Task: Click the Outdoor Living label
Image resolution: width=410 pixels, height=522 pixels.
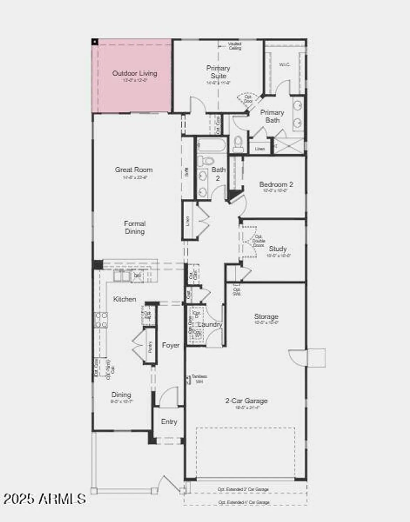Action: point(135,73)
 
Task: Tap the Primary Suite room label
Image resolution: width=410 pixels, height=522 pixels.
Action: point(218,72)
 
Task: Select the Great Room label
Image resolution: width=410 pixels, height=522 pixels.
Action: point(134,170)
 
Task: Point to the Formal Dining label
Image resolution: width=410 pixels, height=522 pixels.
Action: point(135,228)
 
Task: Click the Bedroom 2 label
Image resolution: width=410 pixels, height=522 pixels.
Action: point(276,184)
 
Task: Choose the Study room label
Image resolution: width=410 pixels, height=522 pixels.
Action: point(278,249)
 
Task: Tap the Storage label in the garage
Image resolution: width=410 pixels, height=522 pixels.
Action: point(266,317)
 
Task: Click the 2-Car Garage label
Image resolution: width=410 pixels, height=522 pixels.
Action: point(246,401)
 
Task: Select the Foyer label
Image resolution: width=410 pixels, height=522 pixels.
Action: point(171,345)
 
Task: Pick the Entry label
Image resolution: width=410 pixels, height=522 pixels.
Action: point(169,422)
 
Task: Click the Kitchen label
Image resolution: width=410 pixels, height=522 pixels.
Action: point(124,299)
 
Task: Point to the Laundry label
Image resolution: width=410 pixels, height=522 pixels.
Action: point(210,324)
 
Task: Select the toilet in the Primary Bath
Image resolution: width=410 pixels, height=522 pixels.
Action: point(238,143)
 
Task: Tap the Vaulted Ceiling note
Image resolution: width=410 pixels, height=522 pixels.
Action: point(235,46)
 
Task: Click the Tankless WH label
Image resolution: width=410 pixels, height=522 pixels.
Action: point(199,379)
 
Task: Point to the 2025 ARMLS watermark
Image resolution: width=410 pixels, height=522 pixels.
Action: point(45,499)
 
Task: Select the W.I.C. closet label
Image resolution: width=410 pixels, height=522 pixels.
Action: point(284,65)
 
